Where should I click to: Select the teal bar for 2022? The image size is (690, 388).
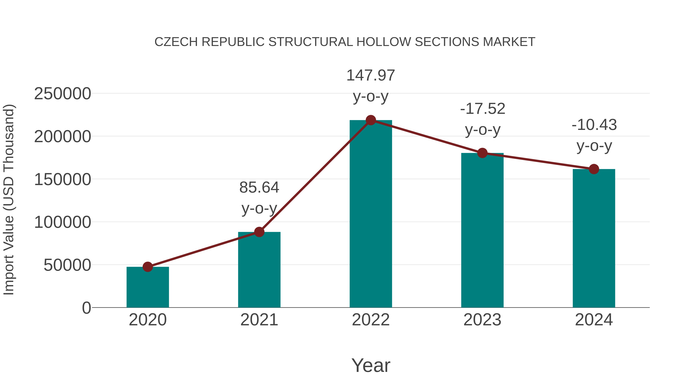click(x=371, y=214)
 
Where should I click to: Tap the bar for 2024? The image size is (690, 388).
click(x=594, y=238)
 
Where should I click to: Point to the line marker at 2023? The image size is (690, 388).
click(x=482, y=153)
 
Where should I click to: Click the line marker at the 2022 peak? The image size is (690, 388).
click(x=371, y=120)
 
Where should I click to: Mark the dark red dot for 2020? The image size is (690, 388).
click(x=148, y=267)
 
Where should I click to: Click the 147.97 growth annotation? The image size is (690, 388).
click(x=371, y=75)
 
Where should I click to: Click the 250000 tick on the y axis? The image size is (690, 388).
click(x=62, y=94)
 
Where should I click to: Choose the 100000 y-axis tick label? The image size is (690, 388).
click(x=62, y=222)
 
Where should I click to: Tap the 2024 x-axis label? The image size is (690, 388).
click(x=594, y=320)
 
